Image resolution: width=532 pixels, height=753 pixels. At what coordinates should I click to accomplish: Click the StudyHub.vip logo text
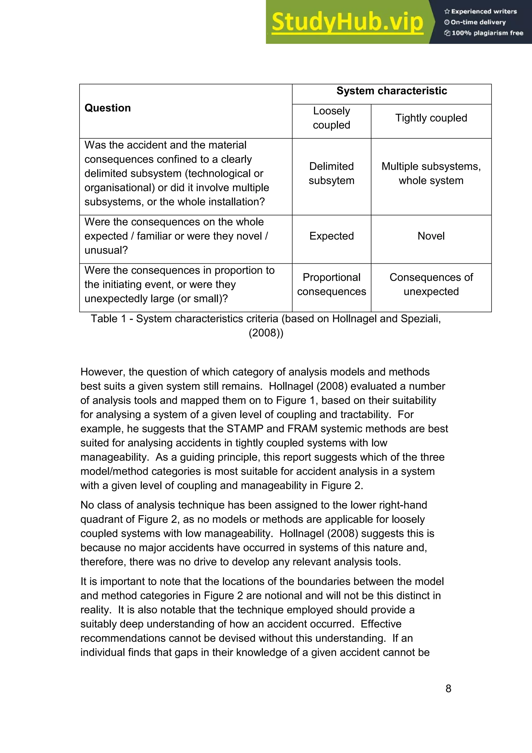(347, 22)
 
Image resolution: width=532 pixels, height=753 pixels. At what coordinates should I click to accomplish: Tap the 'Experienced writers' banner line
(481, 11)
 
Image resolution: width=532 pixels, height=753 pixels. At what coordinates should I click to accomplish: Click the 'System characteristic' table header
(391, 91)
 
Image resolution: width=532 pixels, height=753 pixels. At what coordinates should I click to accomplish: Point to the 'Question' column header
(108, 108)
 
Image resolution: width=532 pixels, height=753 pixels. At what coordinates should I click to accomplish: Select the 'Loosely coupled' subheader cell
(331, 118)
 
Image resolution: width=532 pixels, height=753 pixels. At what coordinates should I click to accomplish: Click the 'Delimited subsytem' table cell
(331, 173)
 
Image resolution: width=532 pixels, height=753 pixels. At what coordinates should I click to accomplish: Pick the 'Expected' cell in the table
(331, 236)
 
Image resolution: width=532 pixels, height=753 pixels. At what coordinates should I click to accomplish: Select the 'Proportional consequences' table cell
(331, 284)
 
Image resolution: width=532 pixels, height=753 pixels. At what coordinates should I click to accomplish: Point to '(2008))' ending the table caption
(266, 333)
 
